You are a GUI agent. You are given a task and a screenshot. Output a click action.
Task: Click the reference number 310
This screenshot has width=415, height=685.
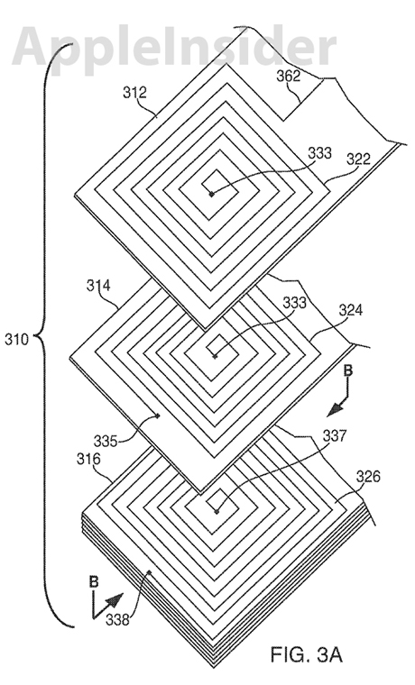pos(16,339)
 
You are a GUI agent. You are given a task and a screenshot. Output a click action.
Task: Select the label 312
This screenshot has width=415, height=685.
pos(134,93)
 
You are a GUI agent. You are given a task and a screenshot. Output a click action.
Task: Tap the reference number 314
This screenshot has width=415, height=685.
pos(98,286)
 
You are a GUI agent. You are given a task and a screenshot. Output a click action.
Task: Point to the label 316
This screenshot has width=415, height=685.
pos(88,459)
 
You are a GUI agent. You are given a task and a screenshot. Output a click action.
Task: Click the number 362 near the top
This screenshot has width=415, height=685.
pos(289,76)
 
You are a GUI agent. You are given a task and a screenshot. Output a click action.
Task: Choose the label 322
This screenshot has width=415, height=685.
pos(358,159)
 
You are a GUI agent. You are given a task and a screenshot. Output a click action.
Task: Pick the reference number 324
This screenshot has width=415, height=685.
pos(351,310)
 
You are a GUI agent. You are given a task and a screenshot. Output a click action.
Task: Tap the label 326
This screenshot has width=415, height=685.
pos(368,476)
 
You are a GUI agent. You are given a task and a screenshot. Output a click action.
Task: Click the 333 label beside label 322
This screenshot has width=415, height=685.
pos(320,153)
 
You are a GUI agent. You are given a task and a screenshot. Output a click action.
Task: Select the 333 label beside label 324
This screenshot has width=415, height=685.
pos(295,302)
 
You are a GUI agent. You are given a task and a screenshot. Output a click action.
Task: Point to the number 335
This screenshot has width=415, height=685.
pos(106,442)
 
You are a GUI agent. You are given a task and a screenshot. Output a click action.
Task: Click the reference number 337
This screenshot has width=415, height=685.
pos(335,435)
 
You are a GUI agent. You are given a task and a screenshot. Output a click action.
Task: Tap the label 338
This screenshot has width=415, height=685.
pos(117,619)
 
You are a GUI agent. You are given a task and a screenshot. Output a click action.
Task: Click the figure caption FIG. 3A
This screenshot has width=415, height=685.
pos(306,655)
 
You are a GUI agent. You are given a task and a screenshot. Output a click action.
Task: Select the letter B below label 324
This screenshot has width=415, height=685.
pos(347,371)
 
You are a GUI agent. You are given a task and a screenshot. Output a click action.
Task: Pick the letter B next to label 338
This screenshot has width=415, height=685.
pos(94,582)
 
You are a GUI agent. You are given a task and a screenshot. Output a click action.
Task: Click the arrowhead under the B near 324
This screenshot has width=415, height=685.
pos(336,408)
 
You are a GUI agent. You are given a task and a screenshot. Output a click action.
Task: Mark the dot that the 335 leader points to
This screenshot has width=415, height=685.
pos(158,416)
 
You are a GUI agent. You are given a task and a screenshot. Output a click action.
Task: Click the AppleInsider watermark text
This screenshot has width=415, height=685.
pos(174,46)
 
